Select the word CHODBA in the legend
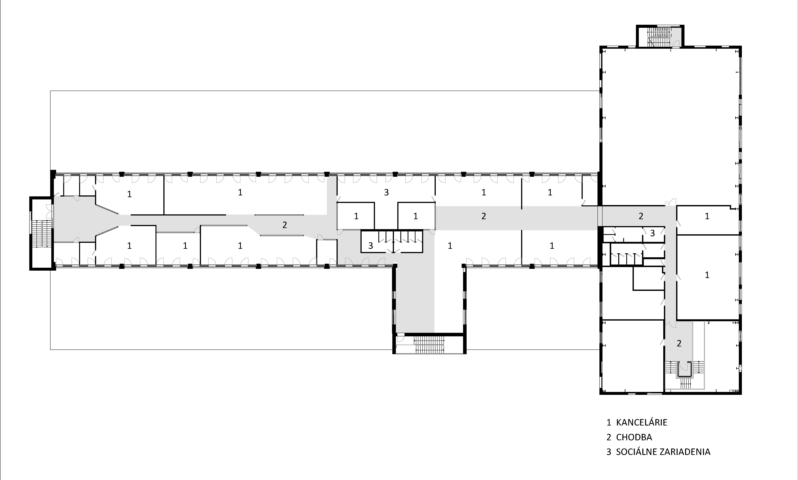[x=634, y=437]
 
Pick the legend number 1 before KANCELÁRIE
[x=609, y=422]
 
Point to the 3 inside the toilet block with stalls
[x=370, y=246]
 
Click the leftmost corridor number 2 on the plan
[x=284, y=225]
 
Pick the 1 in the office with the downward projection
[x=450, y=246]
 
